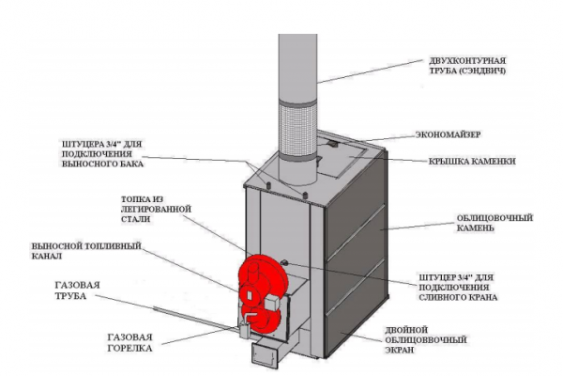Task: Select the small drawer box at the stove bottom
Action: (264, 355)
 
